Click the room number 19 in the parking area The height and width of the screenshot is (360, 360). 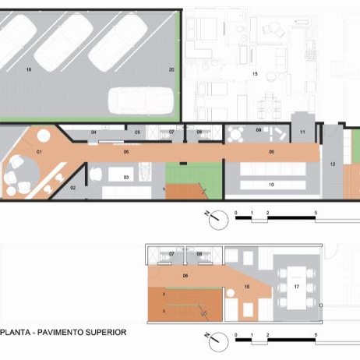click(x=28, y=70)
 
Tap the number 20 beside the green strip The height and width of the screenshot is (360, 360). click(x=171, y=70)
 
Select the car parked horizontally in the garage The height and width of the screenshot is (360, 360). click(x=142, y=100)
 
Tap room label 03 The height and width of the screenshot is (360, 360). click(x=125, y=178)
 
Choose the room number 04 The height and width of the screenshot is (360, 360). click(x=94, y=133)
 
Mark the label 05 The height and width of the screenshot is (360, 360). click(x=137, y=133)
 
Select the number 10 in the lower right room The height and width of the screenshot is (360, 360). click(x=271, y=185)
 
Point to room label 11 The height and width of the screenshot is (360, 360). click(x=302, y=133)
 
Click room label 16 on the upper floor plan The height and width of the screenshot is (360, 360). click(x=248, y=288)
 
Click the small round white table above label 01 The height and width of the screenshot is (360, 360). click(x=44, y=136)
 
